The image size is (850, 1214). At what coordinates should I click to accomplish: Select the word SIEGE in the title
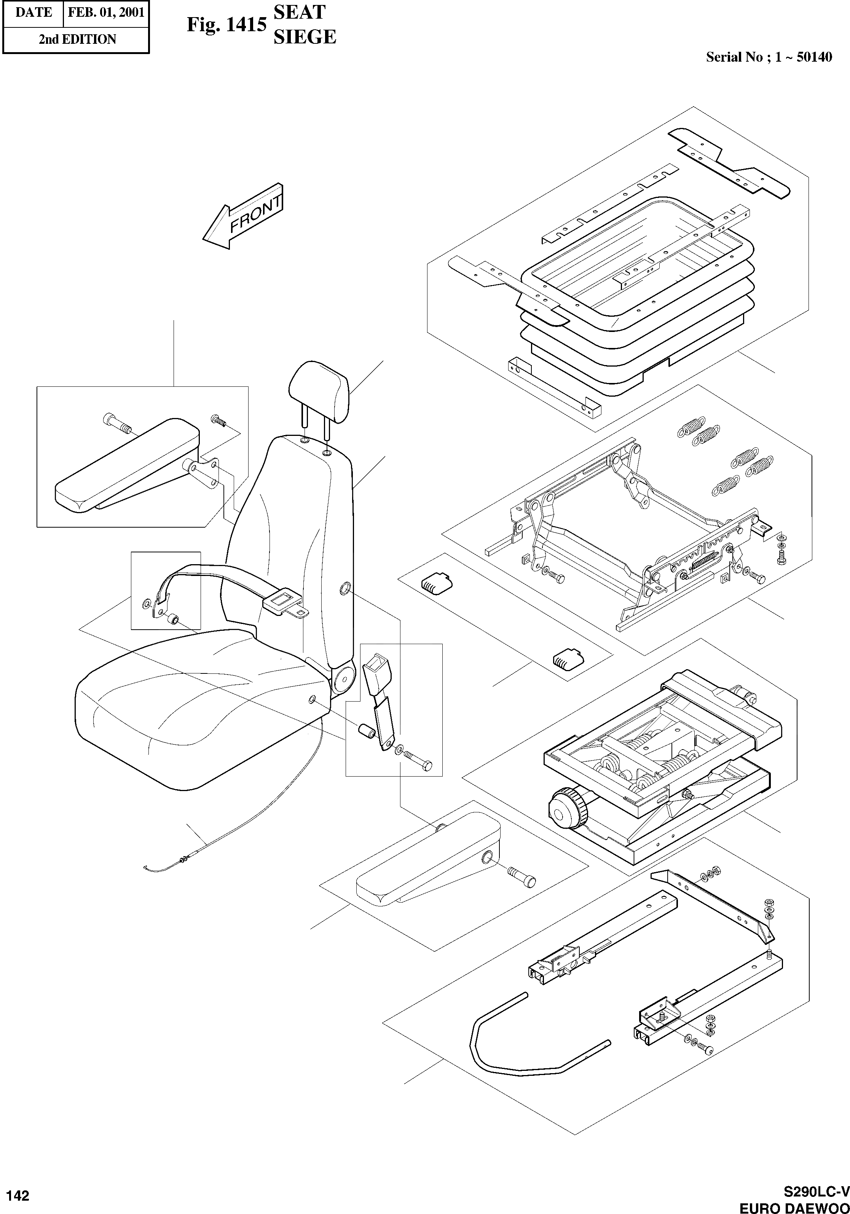click(x=305, y=37)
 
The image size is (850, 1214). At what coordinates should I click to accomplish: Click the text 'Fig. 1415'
click(x=226, y=25)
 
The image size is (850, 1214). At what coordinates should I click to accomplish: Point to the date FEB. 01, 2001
click(x=106, y=13)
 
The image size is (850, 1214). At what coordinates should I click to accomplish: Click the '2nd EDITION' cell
click(x=77, y=39)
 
